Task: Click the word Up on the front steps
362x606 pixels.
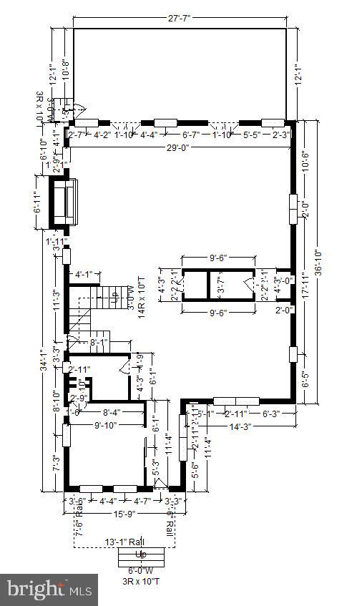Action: (141, 555)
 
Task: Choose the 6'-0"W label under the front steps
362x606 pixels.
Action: (141, 570)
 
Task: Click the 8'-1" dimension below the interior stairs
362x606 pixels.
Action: (99, 343)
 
